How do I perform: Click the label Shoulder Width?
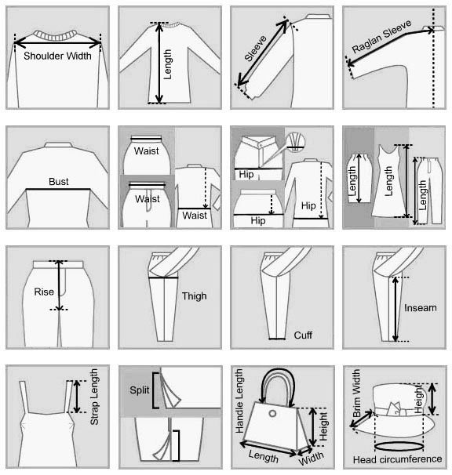click(x=57, y=56)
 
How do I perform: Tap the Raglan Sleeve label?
click(x=382, y=36)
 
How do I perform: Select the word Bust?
click(x=59, y=182)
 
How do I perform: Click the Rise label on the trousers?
click(x=44, y=292)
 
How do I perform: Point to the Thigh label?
click(x=194, y=296)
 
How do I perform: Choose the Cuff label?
click(x=303, y=335)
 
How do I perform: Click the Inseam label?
click(x=420, y=308)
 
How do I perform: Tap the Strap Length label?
click(x=94, y=397)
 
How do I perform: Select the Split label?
click(x=139, y=390)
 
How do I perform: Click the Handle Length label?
click(x=239, y=401)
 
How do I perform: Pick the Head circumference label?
click(x=397, y=459)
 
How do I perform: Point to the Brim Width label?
click(x=356, y=393)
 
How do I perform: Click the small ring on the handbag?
click(x=272, y=413)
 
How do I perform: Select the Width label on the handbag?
click(x=311, y=458)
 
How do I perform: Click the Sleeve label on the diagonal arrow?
click(x=255, y=49)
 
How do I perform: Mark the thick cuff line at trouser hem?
click(x=277, y=339)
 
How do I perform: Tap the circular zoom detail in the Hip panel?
click(x=295, y=142)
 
